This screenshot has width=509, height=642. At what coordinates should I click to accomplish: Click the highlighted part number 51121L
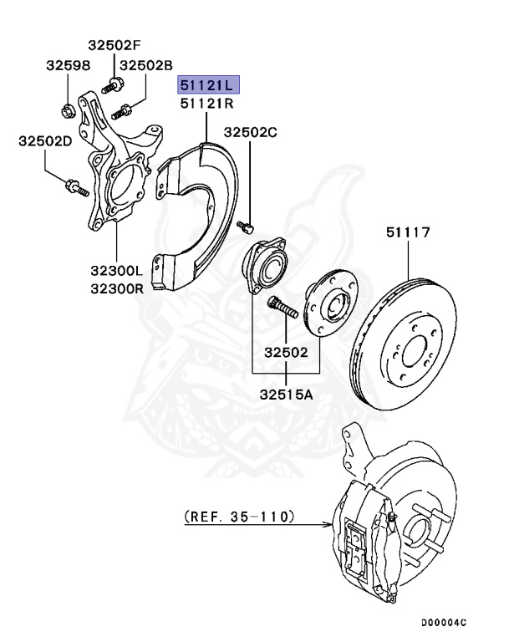coord(206,85)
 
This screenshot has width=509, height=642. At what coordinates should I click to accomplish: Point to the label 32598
coord(67,64)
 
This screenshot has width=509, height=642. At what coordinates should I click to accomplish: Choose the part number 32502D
coord(45,141)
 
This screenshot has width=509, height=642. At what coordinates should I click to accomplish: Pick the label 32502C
coord(250,132)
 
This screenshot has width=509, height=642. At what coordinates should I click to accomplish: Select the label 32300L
coord(118,271)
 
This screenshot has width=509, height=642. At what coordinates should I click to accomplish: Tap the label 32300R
coord(118,288)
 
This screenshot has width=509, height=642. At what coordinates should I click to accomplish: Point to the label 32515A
coord(286,394)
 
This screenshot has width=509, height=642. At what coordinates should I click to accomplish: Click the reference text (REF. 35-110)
coord(239,517)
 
